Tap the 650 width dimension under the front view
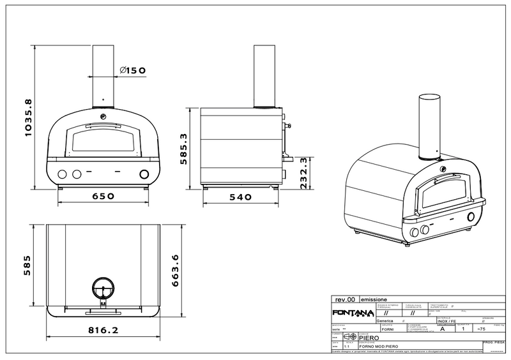coord(102,196)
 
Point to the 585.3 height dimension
coord(183,149)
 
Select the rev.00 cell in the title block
coord(344,299)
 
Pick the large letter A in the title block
coord(442,329)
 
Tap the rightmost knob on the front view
coord(144,174)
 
